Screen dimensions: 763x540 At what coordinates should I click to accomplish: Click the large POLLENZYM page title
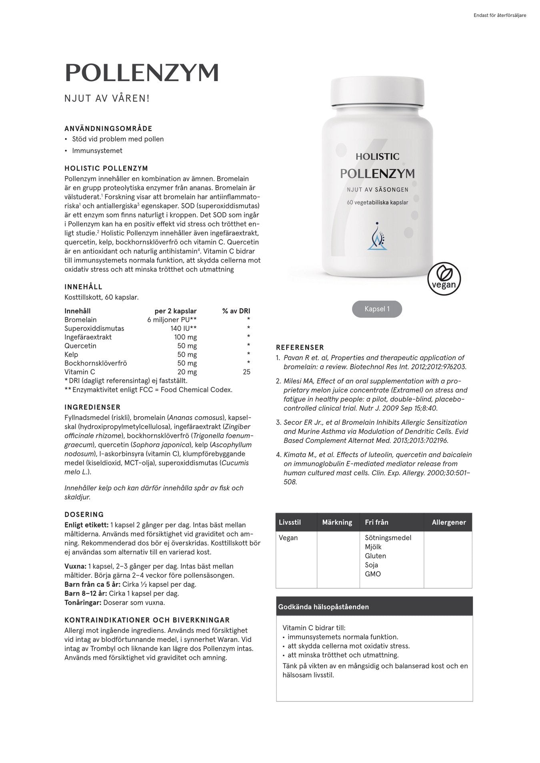coord(142,73)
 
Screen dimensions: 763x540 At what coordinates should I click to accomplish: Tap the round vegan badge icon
coord(444,279)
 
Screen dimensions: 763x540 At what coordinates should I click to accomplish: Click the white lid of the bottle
coord(377,92)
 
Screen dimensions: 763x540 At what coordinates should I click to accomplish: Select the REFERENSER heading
coord(300,347)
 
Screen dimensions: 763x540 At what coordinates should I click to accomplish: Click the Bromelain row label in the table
coord(80,320)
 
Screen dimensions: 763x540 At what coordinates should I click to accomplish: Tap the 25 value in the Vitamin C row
coord(246,372)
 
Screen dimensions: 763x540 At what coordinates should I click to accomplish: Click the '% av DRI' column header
coord(236,311)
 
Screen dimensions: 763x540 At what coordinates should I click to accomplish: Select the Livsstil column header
coord(290,522)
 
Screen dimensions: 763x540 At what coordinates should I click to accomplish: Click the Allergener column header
coord(449,522)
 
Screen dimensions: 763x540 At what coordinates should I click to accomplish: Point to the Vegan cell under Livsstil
coord(288,538)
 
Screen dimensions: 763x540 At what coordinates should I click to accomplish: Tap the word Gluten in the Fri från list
coord(375,556)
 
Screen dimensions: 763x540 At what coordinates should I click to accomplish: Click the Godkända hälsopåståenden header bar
coord(374,606)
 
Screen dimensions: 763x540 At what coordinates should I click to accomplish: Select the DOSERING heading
coord(84,514)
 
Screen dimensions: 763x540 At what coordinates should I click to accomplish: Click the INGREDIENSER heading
coord(92,407)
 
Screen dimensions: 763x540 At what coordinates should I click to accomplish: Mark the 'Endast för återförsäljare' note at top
coord(500,16)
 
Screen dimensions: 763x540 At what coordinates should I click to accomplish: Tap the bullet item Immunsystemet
coord(97,151)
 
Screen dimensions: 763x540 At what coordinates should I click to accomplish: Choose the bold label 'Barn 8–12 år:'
coord(86,593)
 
